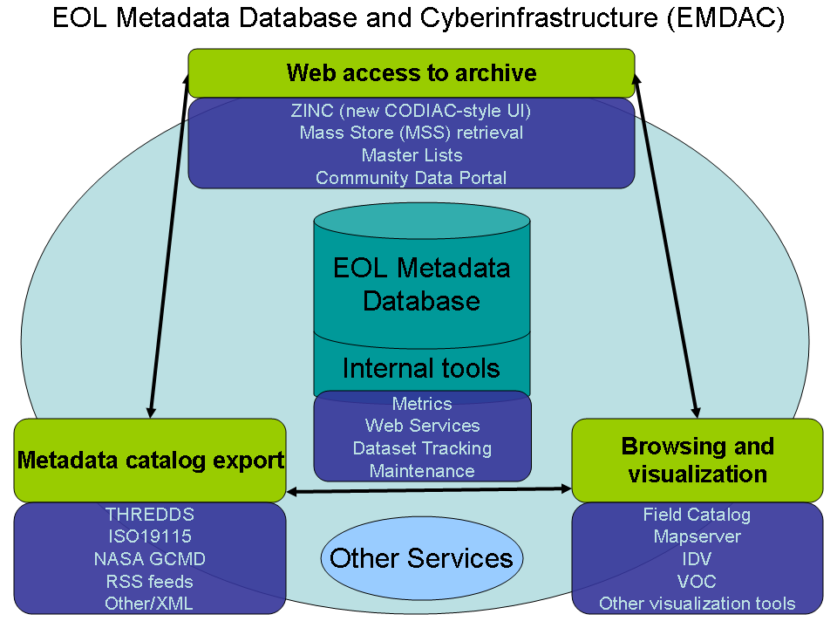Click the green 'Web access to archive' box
(x=412, y=72)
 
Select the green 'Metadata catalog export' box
(x=150, y=460)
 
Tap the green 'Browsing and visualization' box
(x=697, y=460)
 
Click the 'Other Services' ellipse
(x=422, y=557)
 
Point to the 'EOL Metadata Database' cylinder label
(x=422, y=284)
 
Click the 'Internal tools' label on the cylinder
(x=422, y=368)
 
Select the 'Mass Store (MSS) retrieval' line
(x=412, y=133)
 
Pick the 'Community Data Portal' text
(x=412, y=178)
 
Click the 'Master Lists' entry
(x=412, y=155)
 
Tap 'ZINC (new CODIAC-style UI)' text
(x=412, y=111)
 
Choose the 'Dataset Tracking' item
(x=422, y=448)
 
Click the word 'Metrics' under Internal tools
(x=422, y=404)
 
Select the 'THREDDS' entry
(x=150, y=515)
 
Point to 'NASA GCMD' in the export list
(x=150, y=559)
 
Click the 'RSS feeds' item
(x=150, y=581)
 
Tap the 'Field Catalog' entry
(x=697, y=515)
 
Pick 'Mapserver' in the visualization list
(x=697, y=536)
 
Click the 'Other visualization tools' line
(x=697, y=604)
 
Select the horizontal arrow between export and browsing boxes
(x=429, y=491)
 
